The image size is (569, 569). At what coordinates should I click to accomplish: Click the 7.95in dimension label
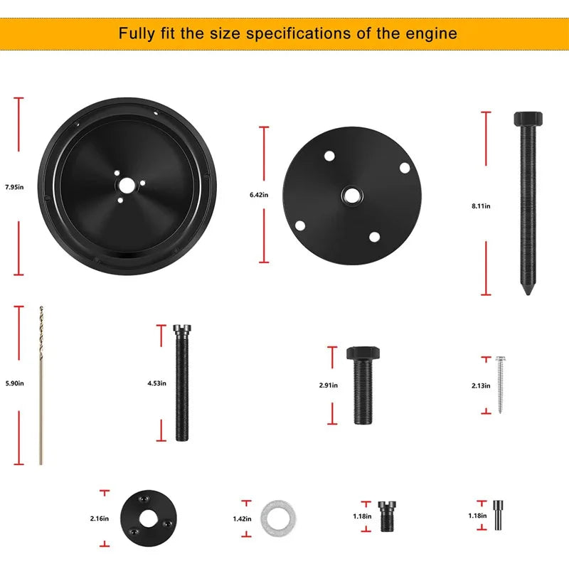pyautogui.click(x=14, y=187)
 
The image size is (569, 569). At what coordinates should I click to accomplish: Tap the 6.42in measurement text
pyautogui.click(x=259, y=195)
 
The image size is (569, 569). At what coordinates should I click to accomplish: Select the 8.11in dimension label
pyautogui.click(x=481, y=206)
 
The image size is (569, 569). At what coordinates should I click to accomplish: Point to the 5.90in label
pyautogui.click(x=14, y=383)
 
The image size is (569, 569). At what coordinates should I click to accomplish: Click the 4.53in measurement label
pyautogui.click(x=156, y=383)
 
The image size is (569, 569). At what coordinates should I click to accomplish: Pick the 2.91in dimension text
pyautogui.click(x=329, y=385)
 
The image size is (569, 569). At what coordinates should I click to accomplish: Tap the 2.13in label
pyautogui.click(x=481, y=385)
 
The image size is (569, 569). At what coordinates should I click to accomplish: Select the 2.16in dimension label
pyautogui.click(x=100, y=519)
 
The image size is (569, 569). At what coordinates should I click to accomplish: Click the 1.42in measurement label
pyautogui.click(x=242, y=519)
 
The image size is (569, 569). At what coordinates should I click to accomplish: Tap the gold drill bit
pyautogui.click(x=41, y=385)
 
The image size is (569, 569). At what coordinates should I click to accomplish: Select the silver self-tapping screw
pyautogui.click(x=501, y=385)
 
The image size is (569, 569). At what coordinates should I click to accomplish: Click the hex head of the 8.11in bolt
pyautogui.click(x=528, y=119)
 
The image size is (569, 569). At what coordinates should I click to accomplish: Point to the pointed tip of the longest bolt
pyautogui.click(x=528, y=294)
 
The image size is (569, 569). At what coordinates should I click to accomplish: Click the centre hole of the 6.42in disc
pyautogui.click(x=351, y=196)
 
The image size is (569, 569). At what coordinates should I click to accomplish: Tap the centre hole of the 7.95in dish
pyautogui.click(x=126, y=186)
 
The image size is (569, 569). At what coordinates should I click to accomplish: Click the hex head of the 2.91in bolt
pyautogui.click(x=363, y=353)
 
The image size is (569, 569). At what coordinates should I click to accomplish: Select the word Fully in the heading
pyautogui.click(x=137, y=33)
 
